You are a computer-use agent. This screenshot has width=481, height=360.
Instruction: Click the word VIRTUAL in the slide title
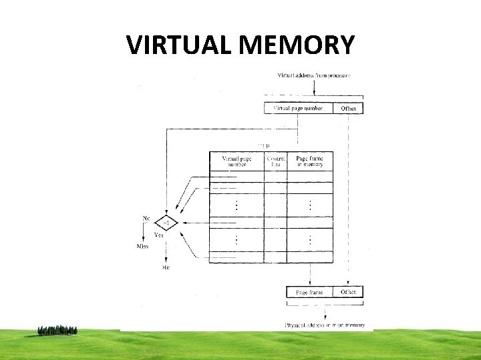(179, 45)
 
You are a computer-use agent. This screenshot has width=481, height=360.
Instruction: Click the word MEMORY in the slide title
(296, 45)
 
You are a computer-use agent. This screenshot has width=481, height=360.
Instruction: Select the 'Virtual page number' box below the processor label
(298, 108)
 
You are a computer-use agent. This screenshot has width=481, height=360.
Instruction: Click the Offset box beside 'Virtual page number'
(348, 108)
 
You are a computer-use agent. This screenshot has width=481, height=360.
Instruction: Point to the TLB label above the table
(265, 146)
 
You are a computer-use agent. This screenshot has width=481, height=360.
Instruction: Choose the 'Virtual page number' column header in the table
(237, 162)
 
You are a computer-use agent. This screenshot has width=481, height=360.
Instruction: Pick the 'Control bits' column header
(276, 162)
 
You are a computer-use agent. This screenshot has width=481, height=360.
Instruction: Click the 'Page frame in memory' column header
(310, 162)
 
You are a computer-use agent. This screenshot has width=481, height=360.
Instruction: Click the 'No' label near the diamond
(146, 218)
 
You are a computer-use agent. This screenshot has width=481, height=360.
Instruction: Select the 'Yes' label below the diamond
(159, 235)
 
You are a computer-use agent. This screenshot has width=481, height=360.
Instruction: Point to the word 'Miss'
(142, 247)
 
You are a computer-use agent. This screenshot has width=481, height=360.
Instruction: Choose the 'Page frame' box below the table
(310, 292)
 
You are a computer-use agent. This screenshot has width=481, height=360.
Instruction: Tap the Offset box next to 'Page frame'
(348, 292)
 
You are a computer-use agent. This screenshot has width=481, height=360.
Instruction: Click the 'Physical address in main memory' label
(325, 325)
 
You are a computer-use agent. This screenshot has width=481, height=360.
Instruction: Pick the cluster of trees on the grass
(57, 329)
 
